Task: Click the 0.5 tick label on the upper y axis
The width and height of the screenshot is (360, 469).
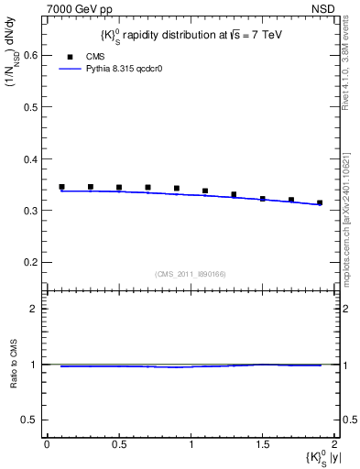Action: coord(30,106)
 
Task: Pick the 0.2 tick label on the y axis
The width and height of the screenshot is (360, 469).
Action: coord(30,262)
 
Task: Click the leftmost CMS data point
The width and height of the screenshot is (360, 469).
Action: coord(61,187)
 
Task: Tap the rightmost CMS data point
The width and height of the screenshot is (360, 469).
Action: coord(320,202)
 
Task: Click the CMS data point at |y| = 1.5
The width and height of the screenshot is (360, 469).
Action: coord(262,198)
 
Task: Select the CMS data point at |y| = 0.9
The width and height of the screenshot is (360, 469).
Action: coord(176,189)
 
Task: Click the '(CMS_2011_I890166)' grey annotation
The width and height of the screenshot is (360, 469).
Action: coord(190,272)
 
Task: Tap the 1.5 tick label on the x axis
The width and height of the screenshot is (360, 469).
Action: coord(262,444)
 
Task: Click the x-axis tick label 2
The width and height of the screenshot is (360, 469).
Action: coord(334,444)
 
